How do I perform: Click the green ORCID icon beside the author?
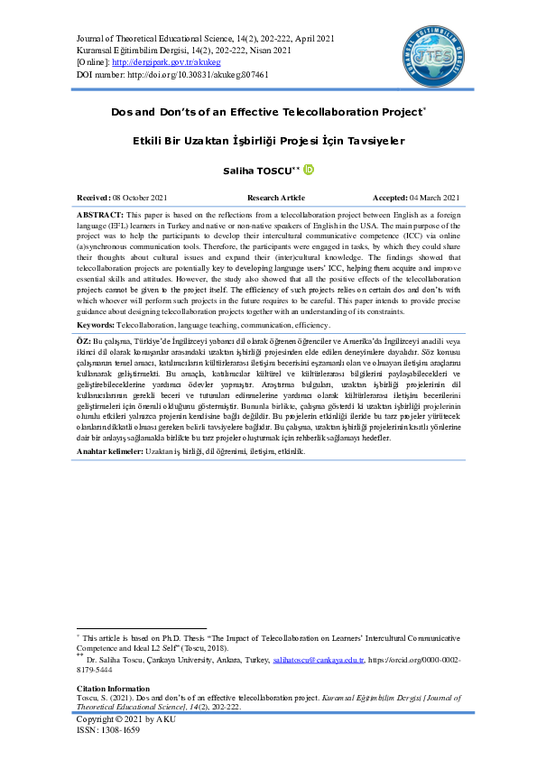pyautogui.click(x=308, y=170)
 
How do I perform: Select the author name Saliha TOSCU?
pyautogui.click(x=261, y=171)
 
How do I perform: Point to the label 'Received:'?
pyautogui.click(x=95, y=198)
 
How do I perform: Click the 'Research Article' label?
pyautogui.click(x=276, y=198)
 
